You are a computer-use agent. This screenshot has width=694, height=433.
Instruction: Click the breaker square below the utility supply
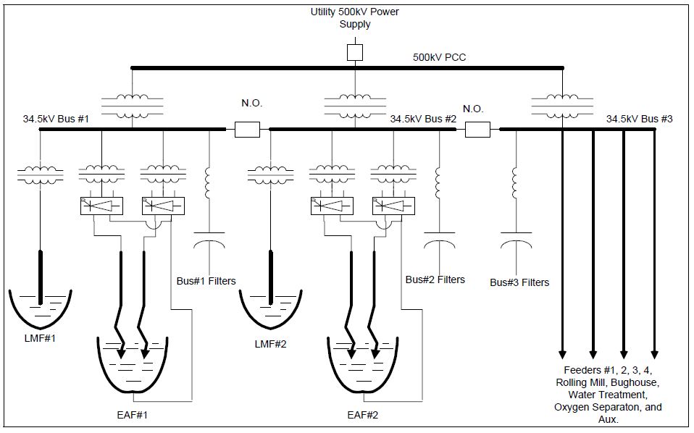(x=354, y=52)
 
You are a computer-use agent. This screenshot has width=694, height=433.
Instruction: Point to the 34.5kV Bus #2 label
(x=423, y=118)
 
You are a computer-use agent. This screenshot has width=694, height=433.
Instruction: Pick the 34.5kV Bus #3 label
(x=640, y=118)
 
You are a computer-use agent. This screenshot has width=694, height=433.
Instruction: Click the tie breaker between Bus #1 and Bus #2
(x=247, y=130)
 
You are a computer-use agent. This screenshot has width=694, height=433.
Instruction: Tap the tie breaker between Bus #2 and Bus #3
(x=477, y=130)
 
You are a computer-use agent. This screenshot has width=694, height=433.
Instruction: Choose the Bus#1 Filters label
(x=206, y=281)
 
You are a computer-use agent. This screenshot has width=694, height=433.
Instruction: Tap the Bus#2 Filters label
(x=435, y=279)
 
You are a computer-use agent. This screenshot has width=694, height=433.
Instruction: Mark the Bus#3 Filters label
(x=519, y=282)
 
